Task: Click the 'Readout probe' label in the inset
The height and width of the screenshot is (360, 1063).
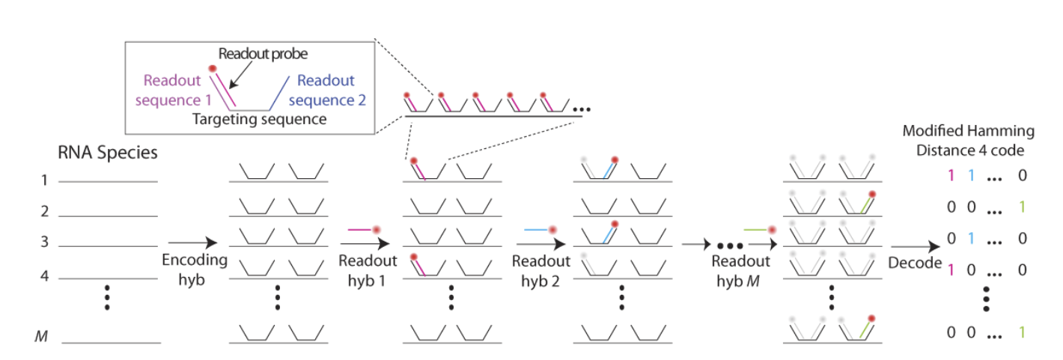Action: pos(263,54)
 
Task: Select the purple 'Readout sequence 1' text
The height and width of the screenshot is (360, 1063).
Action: pos(178,90)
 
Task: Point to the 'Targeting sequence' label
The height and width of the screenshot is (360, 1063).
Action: pos(259,119)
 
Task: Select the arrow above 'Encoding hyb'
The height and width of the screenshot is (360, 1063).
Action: pos(192,242)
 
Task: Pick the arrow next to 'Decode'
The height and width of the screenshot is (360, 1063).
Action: pos(914,247)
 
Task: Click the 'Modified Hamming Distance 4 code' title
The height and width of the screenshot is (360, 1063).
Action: pos(969,140)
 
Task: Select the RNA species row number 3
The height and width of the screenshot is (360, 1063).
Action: pos(44,242)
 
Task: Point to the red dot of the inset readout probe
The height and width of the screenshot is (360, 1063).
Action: pos(213,69)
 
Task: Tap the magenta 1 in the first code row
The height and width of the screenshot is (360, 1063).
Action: pos(950,177)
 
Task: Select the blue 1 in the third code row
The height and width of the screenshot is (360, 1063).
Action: pos(970,239)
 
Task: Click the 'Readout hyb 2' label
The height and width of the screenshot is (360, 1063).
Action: pos(541,269)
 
